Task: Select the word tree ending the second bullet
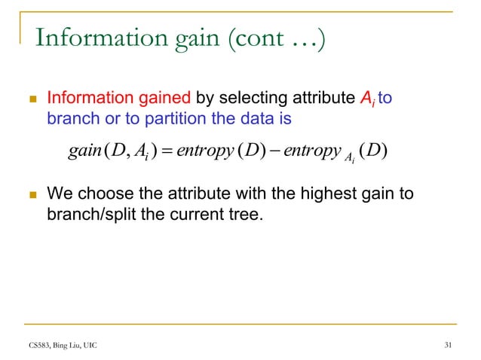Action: click(247, 214)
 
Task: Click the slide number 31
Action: click(449, 345)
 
